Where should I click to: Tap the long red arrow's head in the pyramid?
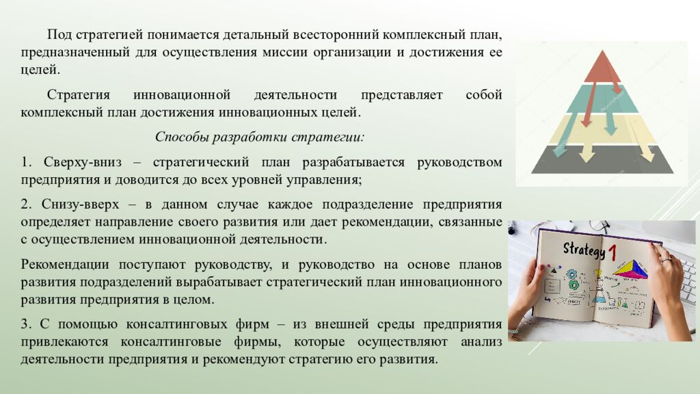[586, 123]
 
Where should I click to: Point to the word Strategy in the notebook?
[584, 249]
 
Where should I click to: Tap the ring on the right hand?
[664, 261]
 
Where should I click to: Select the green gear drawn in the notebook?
[573, 283]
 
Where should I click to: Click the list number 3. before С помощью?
[26, 324]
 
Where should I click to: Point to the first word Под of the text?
[57, 35]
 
